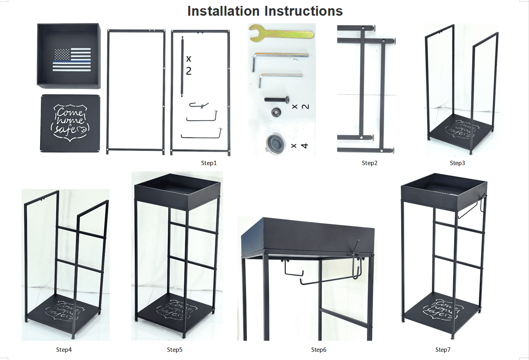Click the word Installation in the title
(x=223, y=11)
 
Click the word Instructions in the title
(x=303, y=11)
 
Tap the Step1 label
(x=209, y=163)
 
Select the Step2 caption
(x=369, y=163)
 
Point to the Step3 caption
(x=457, y=163)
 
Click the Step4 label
(x=64, y=350)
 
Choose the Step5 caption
(x=174, y=350)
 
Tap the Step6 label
(x=319, y=350)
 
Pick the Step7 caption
(x=443, y=350)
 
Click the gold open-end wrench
(x=281, y=34)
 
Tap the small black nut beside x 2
(x=276, y=112)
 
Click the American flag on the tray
(x=72, y=59)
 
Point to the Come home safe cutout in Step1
(x=70, y=123)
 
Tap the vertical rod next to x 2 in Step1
(x=182, y=66)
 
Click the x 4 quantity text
(x=299, y=146)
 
